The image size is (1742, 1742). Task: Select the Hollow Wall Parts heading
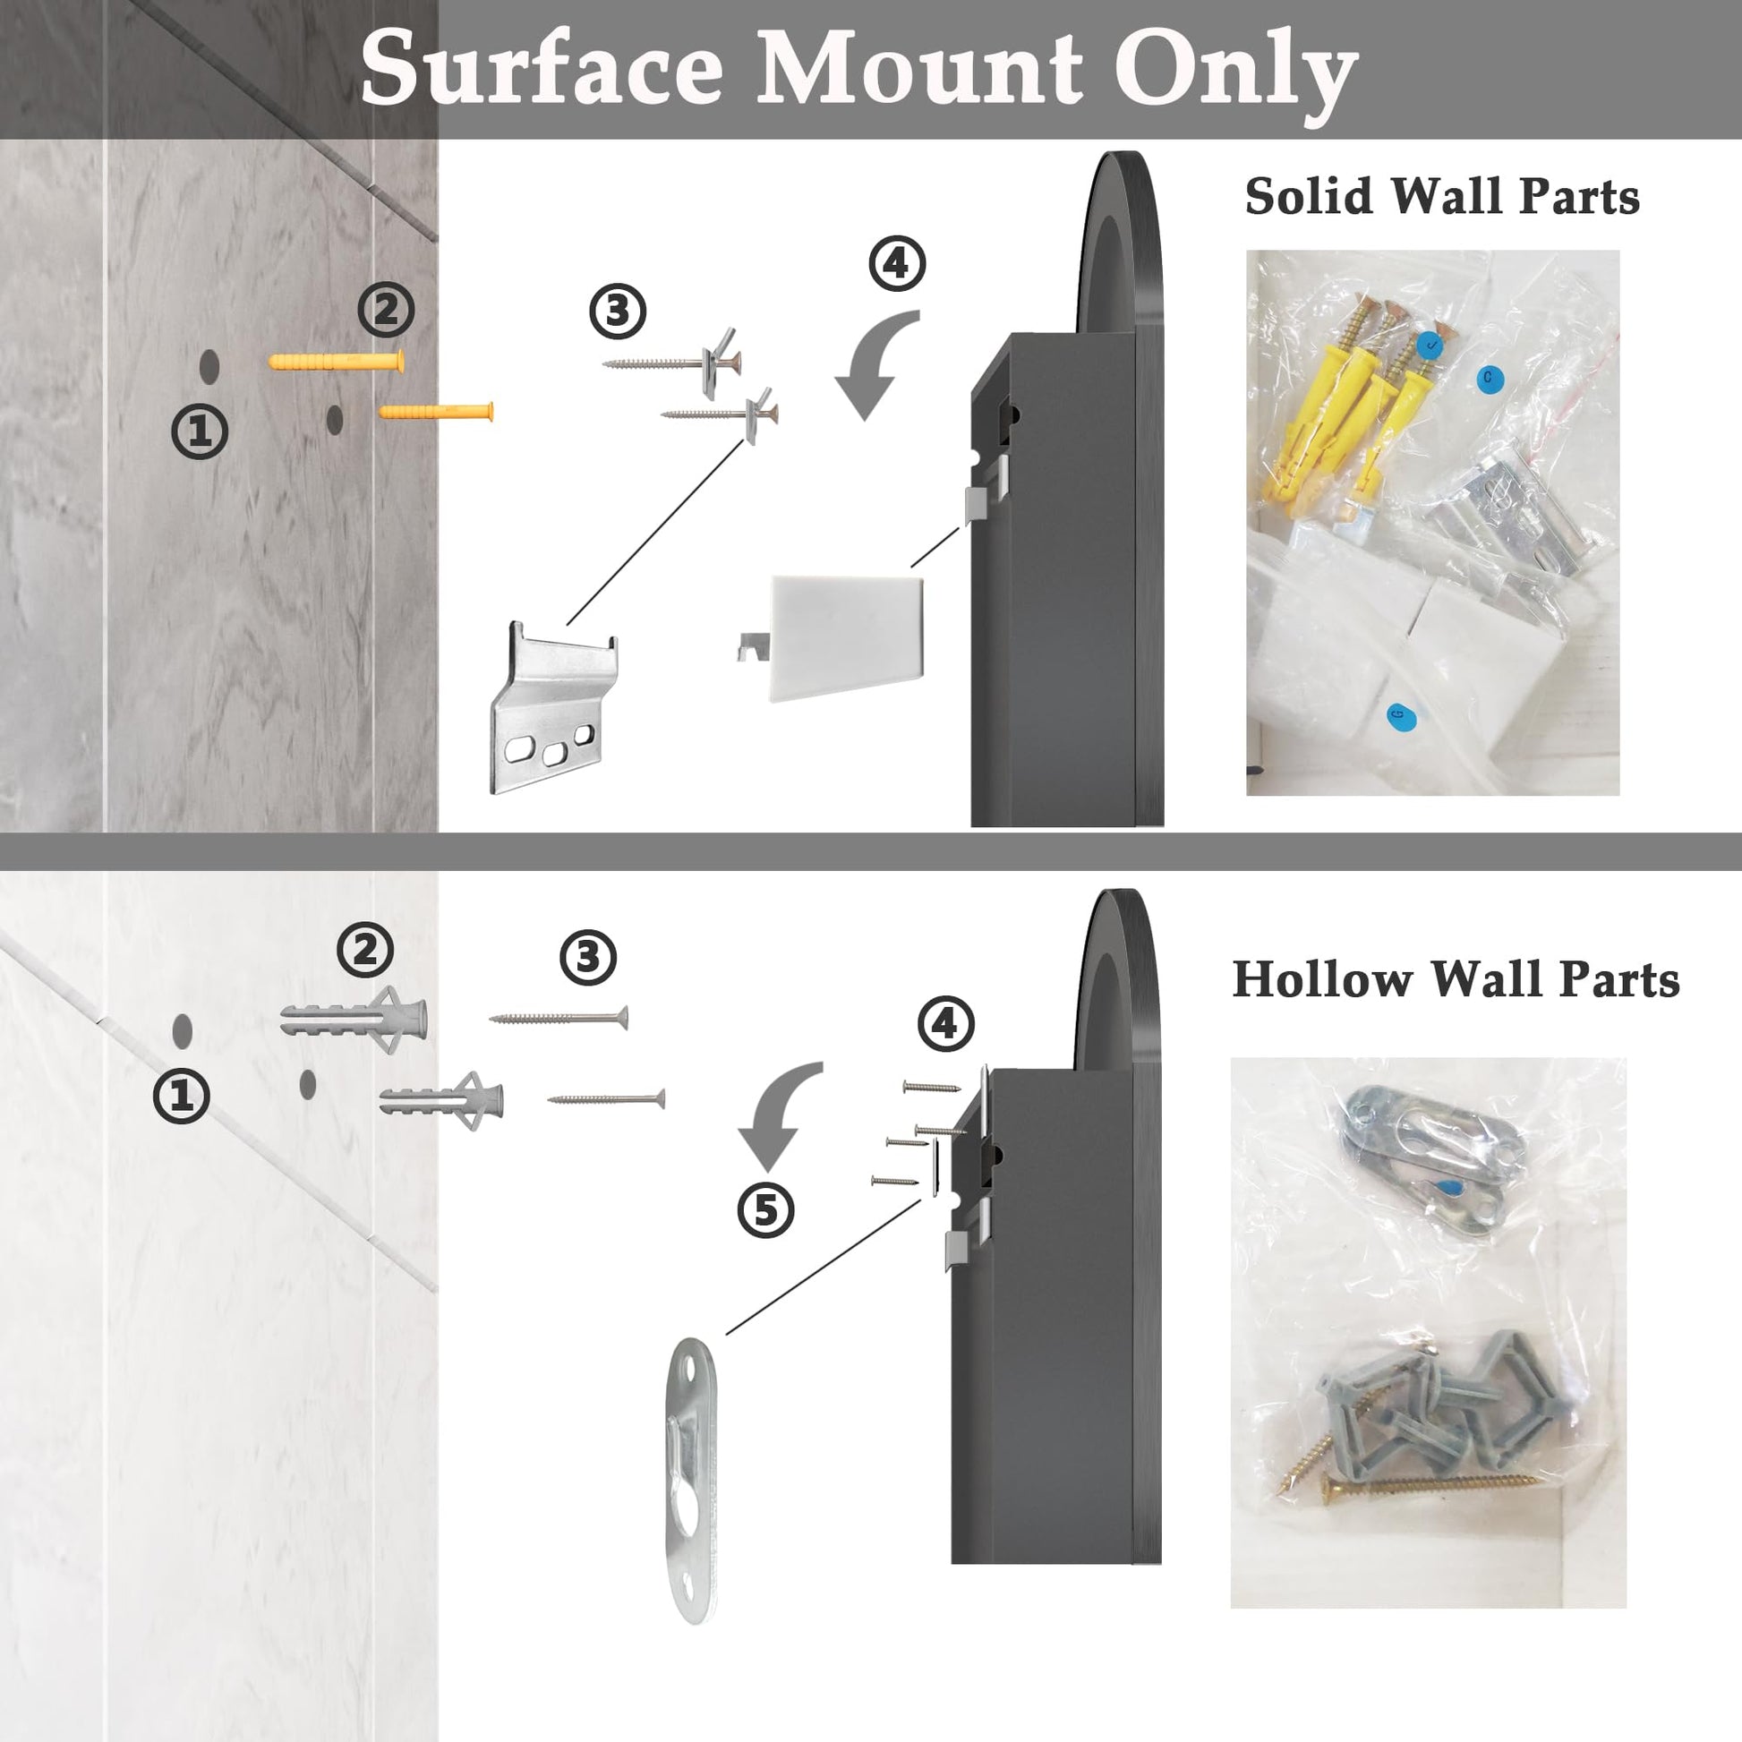tap(1456, 980)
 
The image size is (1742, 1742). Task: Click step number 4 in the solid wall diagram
tap(896, 263)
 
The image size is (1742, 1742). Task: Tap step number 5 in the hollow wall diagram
tap(765, 1210)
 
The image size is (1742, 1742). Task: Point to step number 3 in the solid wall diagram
tap(618, 312)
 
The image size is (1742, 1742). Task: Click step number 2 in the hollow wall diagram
tap(365, 950)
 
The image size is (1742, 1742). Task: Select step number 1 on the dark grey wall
tap(200, 431)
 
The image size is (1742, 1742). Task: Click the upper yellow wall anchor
tap(337, 362)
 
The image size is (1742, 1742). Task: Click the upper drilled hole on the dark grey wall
tap(209, 365)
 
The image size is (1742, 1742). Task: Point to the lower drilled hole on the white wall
tap(307, 1084)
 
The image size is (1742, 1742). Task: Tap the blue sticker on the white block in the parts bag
tap(1400, 716)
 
